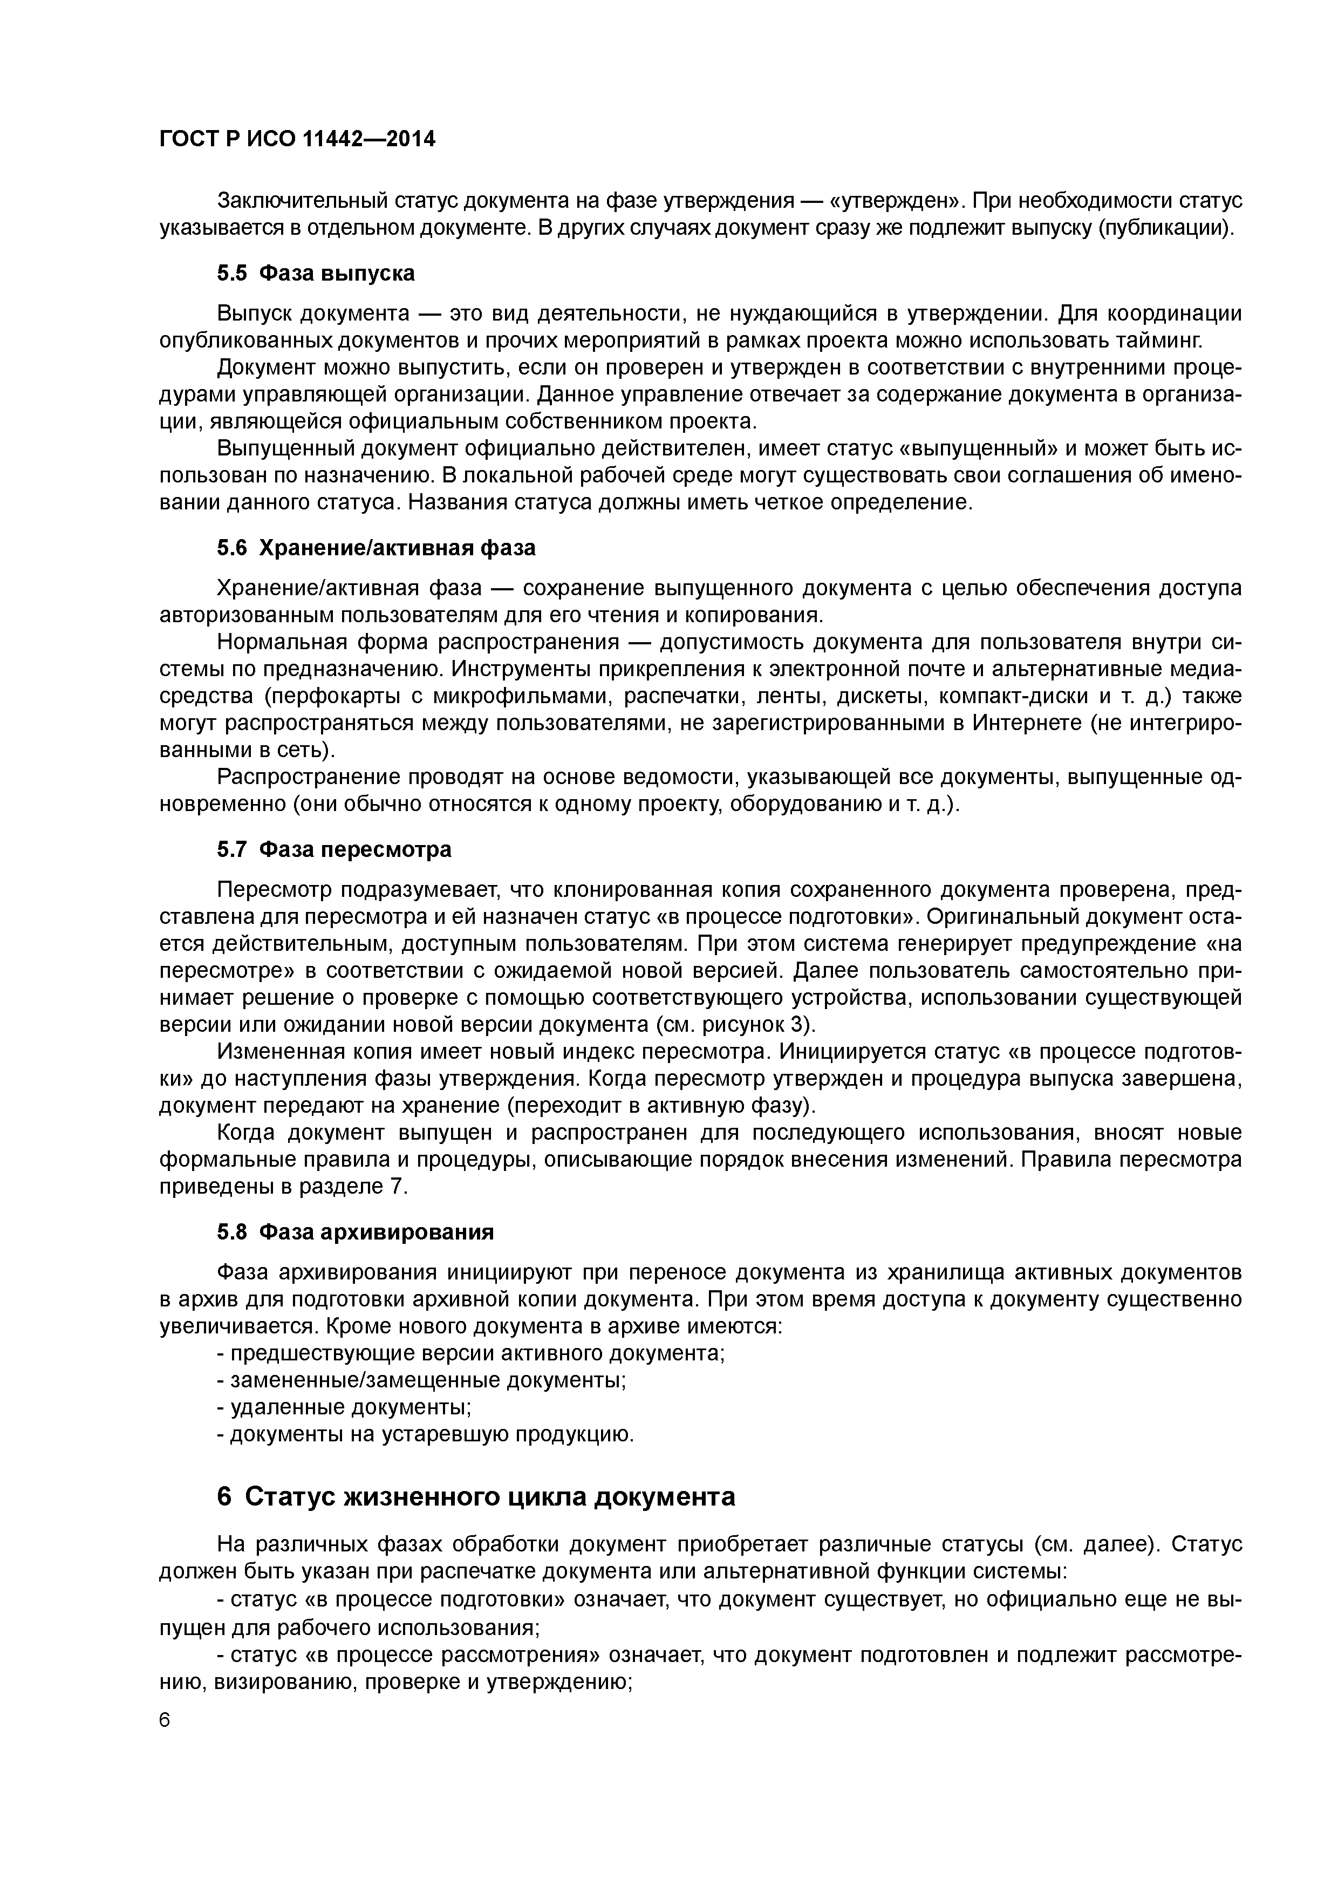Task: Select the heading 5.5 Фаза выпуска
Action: coord(316,274)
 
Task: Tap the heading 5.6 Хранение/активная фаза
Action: coord(376,548)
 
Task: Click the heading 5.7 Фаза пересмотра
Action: coord(334,850)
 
